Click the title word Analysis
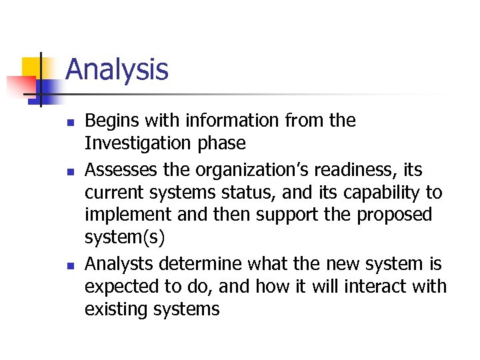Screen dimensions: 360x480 (x=117, y=69)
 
